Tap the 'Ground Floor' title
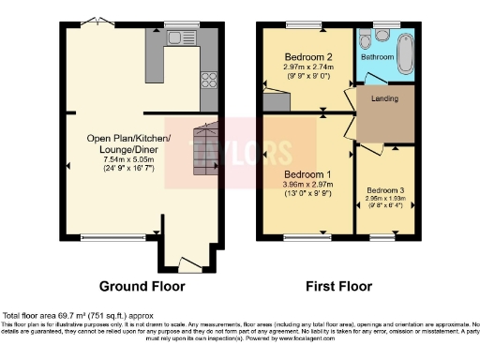(142, 287)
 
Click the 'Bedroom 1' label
(307, 174)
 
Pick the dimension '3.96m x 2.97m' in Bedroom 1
(307, 185)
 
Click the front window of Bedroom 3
(382, 237)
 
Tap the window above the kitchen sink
(179, 22)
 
